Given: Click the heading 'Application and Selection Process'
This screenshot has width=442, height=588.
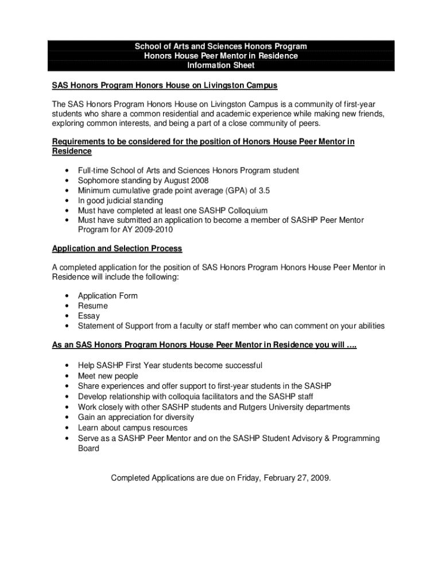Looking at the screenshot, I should tap(117, 249).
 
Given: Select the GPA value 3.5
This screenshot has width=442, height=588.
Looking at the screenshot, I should tap(262, 191).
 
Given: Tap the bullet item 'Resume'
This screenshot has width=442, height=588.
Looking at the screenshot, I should tap(92, 306).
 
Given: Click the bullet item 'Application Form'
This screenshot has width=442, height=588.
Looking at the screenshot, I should tap(107, 296).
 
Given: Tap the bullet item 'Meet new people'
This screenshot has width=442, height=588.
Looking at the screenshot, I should tap(108, 376).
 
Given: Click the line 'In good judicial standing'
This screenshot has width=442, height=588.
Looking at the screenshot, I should tap(121, 201).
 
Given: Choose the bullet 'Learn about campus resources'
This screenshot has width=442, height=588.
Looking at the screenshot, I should tap(133, 428).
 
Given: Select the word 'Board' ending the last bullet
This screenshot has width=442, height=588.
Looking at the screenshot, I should tap(88, 448).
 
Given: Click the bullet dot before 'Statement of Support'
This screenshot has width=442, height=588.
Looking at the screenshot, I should tap(68, 326).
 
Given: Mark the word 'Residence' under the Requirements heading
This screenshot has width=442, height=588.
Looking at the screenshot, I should tap(72, 152).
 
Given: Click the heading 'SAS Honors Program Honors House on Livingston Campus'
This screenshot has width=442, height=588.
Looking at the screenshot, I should tap(165, 86).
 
